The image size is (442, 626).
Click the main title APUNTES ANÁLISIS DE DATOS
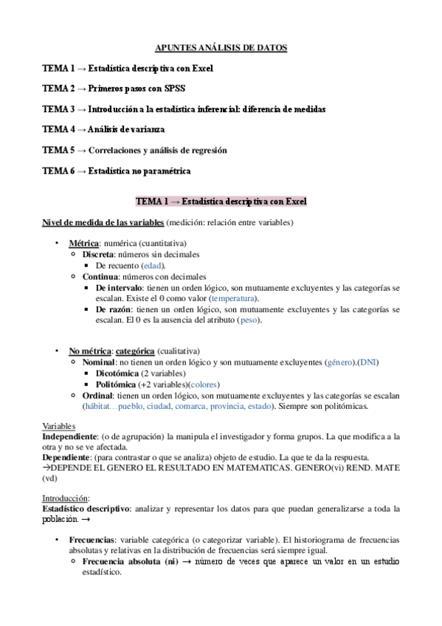pyautogui.click(x=221, y=48)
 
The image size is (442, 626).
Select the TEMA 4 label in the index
pyautogui.click(x=58, y=129)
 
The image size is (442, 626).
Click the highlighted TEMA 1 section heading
pyautogui.click(x=221, y=201)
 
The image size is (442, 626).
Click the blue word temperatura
pyautogui.click(x=234, y=297)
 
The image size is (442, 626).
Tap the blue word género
pyautogui.click(x=340, y=362)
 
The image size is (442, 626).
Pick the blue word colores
pyautogui.click(x=204, y=385)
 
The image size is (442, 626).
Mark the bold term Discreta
pyautogui.click(x=98, y=254)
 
